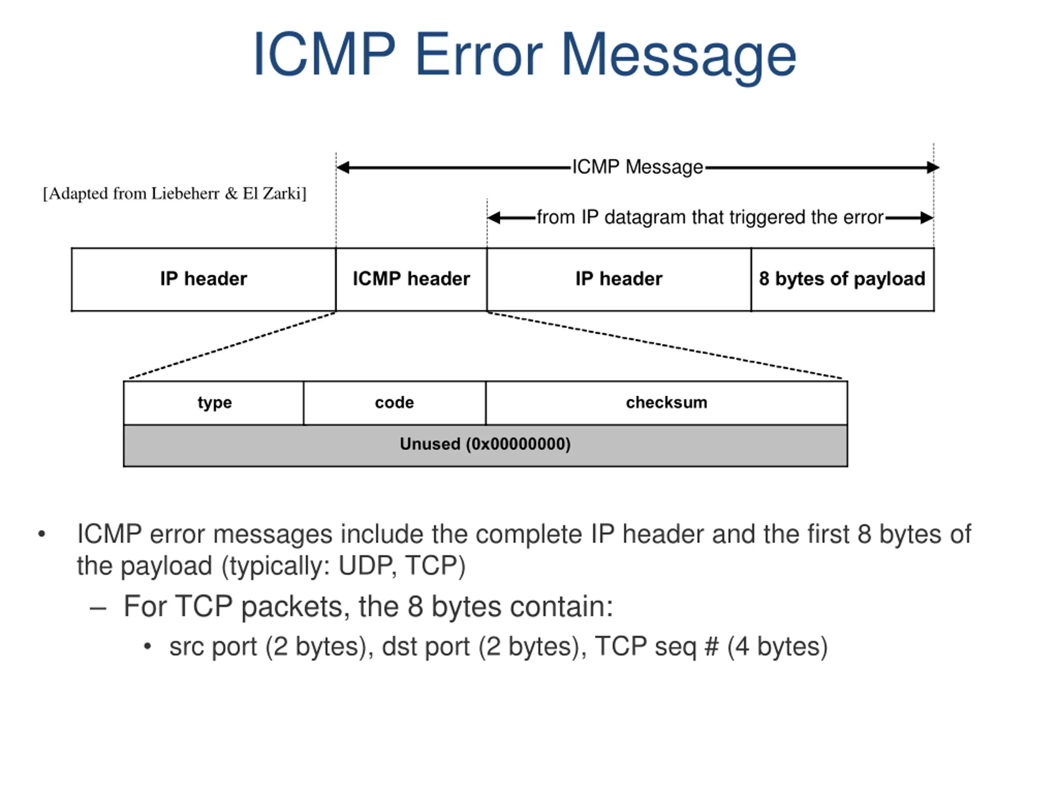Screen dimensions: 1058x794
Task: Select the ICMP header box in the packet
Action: [411, 280]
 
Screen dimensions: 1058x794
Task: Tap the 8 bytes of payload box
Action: [842, 280]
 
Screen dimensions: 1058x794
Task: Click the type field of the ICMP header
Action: [214, 403]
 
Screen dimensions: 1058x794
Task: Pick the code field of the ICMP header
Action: [395, 403]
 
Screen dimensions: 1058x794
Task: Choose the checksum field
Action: [666, 403]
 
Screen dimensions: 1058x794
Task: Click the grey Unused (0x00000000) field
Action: [486, 445]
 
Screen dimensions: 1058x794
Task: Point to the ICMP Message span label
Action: [638, 167]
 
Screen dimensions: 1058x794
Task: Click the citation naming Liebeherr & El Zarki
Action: [174, 194]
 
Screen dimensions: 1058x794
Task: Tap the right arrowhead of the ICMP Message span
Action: [933, 167]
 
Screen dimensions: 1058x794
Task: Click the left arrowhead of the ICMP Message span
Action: [343, 167]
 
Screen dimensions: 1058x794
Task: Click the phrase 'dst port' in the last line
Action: [426, 647]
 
